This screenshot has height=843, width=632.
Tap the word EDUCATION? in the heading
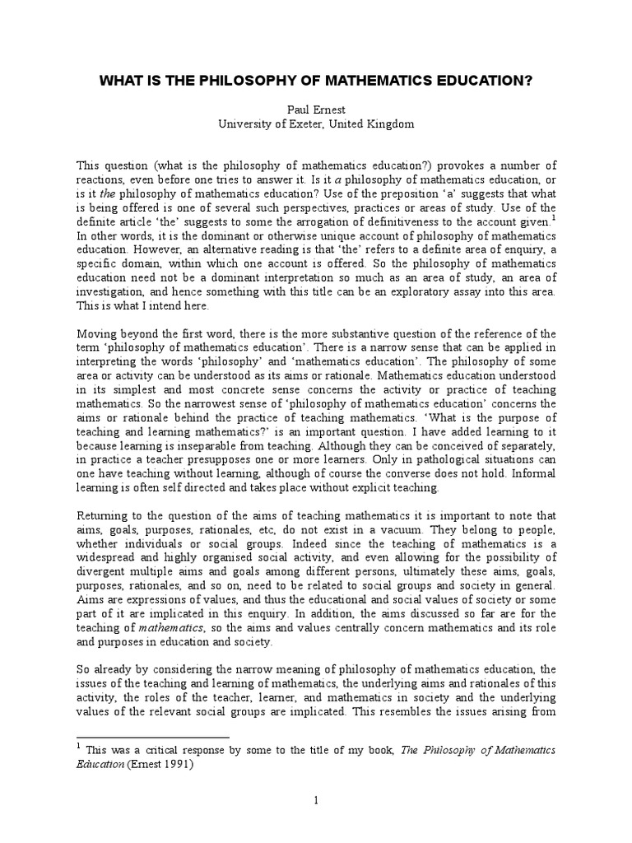tap(483, 82)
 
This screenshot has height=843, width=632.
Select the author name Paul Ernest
tap(315, 109)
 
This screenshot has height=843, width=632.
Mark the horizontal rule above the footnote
tap(152, 738)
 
